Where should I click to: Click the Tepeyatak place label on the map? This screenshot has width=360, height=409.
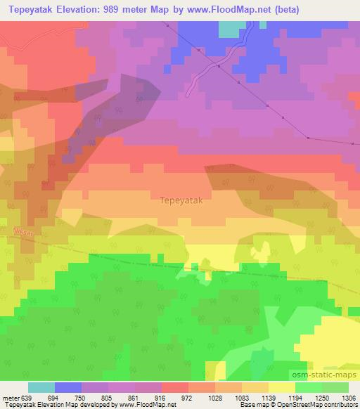point(181,200)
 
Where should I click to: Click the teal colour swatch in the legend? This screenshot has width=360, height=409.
point(41,387)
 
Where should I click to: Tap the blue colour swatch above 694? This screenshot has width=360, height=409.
point(67,387)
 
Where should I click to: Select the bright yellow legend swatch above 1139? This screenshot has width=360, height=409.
point(281,387)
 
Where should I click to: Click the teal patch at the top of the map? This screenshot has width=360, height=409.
point(229,29)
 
